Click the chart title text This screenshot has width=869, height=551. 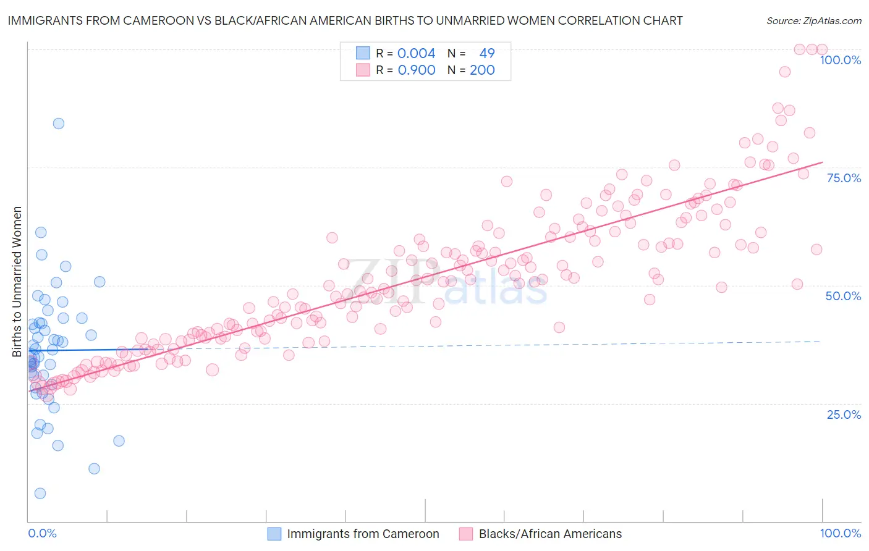345,20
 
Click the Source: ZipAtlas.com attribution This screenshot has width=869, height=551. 813,21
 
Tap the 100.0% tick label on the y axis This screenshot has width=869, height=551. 840,60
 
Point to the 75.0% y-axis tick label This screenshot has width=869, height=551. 844,178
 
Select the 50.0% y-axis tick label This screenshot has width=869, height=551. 843,296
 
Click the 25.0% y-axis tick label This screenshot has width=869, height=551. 844,414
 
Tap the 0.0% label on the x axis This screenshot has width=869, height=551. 42,533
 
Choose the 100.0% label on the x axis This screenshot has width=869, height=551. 840,533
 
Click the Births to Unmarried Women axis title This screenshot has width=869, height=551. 17,282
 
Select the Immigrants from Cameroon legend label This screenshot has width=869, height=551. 363,534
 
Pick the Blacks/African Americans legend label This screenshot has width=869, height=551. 550,534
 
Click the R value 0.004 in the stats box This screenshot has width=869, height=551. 416,53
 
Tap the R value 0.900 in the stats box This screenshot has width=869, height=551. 416,70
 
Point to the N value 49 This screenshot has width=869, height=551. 487,53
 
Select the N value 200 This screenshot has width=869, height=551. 482,70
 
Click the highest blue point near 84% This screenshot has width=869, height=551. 59,124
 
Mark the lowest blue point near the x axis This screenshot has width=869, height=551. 40,493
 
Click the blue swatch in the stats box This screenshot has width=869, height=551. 363,53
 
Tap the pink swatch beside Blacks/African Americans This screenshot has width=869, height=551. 465,534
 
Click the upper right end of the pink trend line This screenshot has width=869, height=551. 822,162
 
